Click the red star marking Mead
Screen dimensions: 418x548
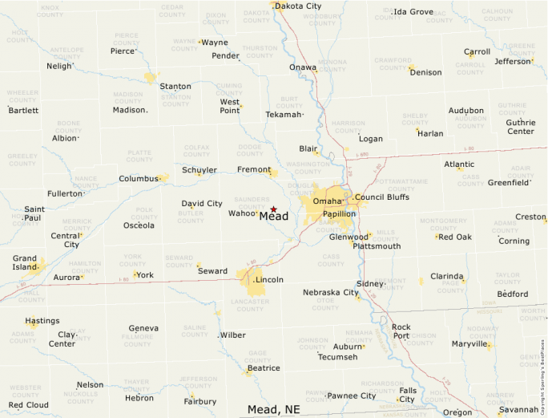273,209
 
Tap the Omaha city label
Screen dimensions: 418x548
327,201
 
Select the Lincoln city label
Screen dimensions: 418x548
269,280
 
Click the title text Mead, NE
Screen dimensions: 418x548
273,409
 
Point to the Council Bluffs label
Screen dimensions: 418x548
382,197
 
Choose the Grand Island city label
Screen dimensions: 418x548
25,262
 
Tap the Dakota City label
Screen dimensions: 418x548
299,6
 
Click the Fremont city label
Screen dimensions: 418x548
253,170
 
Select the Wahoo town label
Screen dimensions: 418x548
242,213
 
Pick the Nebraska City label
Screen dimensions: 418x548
331,292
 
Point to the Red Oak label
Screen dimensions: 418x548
455,237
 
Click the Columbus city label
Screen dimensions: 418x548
139,179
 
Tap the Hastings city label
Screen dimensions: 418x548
42,321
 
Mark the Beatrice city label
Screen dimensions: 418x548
264,368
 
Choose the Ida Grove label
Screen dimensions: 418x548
414,12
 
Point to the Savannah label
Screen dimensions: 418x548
518,409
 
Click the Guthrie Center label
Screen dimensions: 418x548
520,127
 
